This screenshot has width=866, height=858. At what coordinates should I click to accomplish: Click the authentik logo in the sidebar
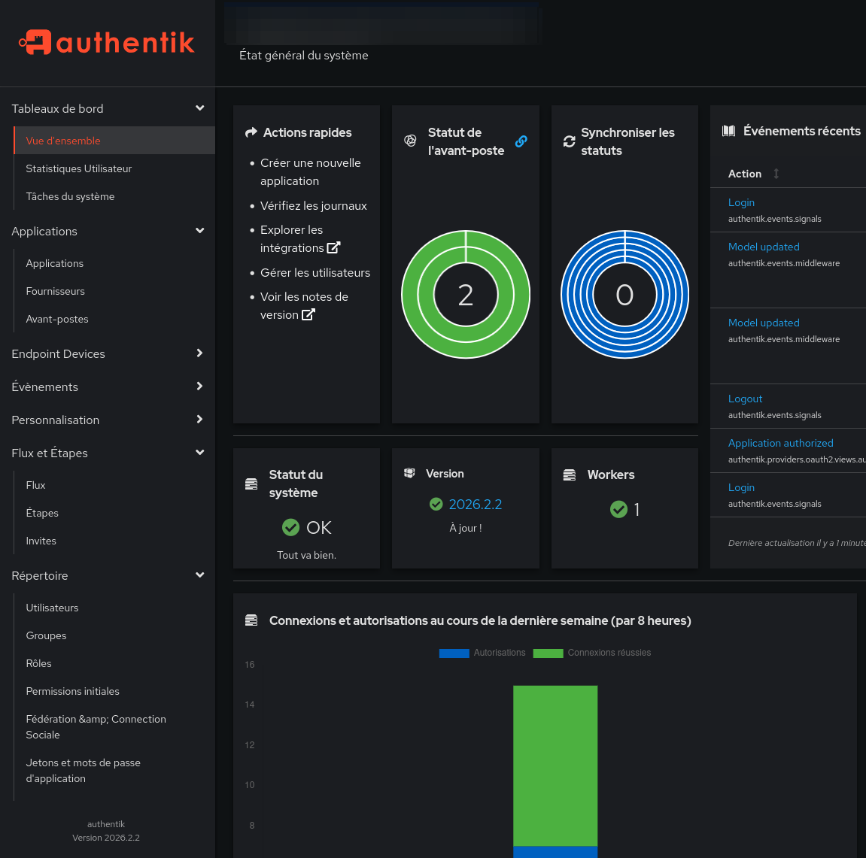click(x=107, y=42)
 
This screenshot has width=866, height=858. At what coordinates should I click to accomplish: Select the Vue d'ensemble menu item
click(x=63, y=141)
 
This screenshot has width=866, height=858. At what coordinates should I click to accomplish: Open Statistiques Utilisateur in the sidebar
click(x=79, y=168)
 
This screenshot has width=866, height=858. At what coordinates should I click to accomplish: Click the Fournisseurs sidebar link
click(x=55, y=291)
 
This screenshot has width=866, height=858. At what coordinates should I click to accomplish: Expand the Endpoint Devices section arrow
click(x=199, y=353)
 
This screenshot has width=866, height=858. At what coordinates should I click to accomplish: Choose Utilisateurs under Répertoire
click(x=52, y=608)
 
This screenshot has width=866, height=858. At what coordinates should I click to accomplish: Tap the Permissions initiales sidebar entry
click(x=72, y=691)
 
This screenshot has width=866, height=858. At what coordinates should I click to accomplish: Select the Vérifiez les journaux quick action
click(x=313, y=205)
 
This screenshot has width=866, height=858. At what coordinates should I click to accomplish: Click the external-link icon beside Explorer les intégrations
click(x=333, y=247)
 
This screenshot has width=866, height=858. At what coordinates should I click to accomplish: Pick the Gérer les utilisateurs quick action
click(x=314, y=272)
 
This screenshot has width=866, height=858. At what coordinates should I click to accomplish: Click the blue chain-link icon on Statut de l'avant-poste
click(x=521, y=141)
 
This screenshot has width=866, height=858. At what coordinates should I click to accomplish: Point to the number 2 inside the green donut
click(x=466, y=296)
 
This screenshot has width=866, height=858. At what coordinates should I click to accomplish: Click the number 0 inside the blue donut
click(x=624, y=296)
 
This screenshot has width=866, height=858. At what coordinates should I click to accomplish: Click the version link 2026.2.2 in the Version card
click(x=475, y=505)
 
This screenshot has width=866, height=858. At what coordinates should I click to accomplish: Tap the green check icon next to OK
click(x=290, y=528)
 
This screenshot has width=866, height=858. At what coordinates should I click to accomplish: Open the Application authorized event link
click(x=780, y=443)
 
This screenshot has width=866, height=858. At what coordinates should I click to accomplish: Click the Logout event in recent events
click(x=745, y=399)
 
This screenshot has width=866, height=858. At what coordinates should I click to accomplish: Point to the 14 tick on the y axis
click(x=250, y=705)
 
